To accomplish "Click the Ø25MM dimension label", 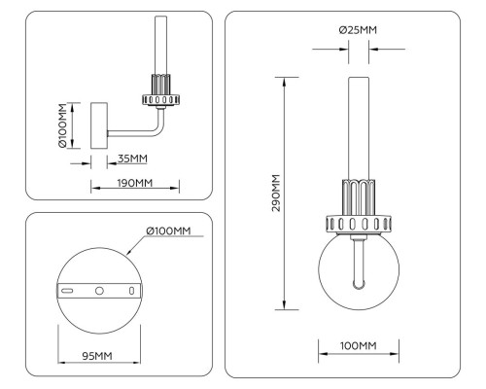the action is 358,30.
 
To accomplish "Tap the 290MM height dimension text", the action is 276,194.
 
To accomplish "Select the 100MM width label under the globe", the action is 359,345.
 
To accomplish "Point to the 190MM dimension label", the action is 134,183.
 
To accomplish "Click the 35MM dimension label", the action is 132,159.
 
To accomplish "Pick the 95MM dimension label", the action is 97,356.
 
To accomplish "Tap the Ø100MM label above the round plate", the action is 168,230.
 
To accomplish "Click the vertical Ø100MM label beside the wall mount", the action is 62,125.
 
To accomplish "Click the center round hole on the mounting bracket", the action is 99,291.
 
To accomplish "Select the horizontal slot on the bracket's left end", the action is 67,291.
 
